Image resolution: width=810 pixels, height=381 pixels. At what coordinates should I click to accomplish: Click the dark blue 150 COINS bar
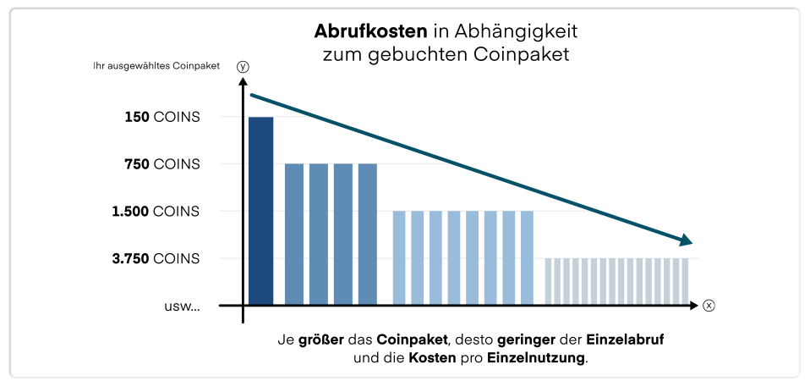[260, 210]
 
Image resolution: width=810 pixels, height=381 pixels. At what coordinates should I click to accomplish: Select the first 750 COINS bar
[293, 233]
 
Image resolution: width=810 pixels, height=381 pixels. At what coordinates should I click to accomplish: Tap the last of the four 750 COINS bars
[367, 233]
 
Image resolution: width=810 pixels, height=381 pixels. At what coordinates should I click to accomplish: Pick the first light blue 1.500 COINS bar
[399, 257]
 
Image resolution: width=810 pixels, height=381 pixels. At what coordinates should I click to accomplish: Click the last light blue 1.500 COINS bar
[527, 257]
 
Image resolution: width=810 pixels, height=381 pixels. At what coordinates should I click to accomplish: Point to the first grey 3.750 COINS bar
[549, 280]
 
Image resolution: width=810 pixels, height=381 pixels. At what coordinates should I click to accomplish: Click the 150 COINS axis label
[161, 117]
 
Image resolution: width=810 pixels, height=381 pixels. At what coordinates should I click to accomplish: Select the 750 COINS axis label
[161, 164]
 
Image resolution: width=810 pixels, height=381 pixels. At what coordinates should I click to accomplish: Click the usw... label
[182, 306]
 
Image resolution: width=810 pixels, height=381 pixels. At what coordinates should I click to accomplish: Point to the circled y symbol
[243, 66]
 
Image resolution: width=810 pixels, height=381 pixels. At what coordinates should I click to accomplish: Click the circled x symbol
[709, 305]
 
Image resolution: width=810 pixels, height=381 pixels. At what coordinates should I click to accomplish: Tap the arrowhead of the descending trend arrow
[686, 240]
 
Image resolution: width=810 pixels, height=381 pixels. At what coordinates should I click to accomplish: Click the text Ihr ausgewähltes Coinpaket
[156, 66]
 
